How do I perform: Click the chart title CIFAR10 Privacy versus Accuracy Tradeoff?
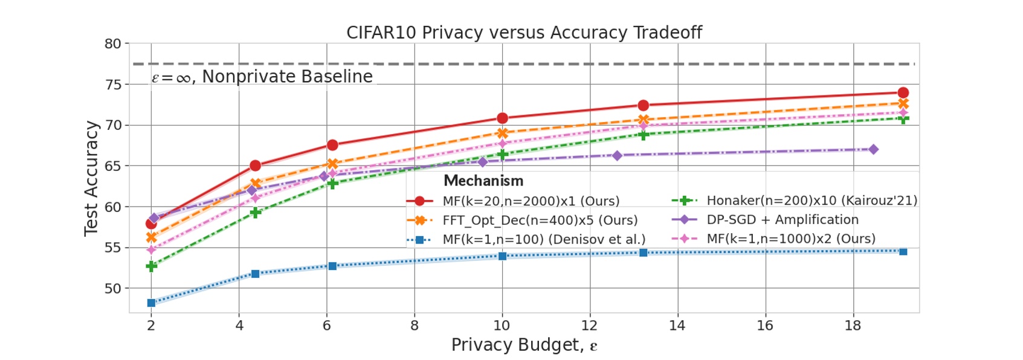pyautogui.click(x=524, y=33)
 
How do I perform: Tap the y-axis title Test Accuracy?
pyautogui.click(x=91, y=178)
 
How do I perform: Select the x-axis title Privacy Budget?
pyautogui.click(x=524, y=345)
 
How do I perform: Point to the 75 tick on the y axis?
pyautogui.click(x=113, y=85)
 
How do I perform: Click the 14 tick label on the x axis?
pyautogui.click(x=677, y=326)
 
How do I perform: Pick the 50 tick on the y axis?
pyautogui.click(x=113, y=288)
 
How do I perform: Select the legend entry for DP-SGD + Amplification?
pyautogui.click(x=782, y=220)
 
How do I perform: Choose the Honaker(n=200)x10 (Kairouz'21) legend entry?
pyautogui.click(x=812, y=201)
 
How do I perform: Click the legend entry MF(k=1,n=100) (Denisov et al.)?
pyautogui.click(x=543, y=239)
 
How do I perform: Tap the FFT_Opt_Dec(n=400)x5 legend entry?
pyautogui.click(x=540, y=220)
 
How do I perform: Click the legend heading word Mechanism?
pyautogui.click(x=483, y=181)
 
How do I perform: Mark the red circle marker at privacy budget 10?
pyautogui.click(x=502, y=118)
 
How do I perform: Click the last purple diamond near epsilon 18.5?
pyautogui.click(x=873, y=149)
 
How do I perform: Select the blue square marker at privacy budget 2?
pyautogui.click(x=151, y=303)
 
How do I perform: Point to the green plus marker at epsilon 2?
pyautogui.click(x=151, y=266)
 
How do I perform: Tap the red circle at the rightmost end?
pyautogui.click(x=903, y=93)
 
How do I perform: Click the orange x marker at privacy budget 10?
pyautogui.click(x=502, y=133)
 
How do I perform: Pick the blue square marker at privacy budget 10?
pyautogui.click(x=502, y=256)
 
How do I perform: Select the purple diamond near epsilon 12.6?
pyautogui.click(x=617, y=156)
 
